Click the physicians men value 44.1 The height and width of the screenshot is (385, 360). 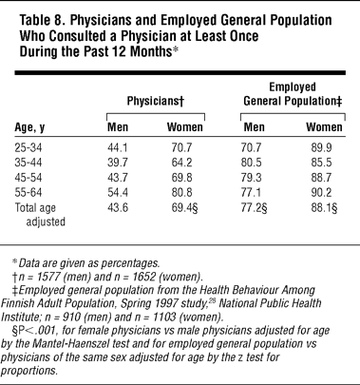tap(118, 148)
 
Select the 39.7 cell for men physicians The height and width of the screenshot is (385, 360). tap(118, 163)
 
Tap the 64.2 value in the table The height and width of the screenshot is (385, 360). tap(181, 163)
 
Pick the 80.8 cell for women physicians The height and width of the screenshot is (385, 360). tap(181, 193)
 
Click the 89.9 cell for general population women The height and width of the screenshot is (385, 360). tap(321, 148)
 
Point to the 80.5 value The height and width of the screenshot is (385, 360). tap(251, 163)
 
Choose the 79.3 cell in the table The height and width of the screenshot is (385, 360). tap(251, 178)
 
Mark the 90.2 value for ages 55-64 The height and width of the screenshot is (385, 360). tap(321, 193)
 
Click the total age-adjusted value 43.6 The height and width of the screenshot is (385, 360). tap(118, 207)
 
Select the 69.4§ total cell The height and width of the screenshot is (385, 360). tap(185, 208)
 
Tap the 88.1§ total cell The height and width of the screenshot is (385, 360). tap(324, 208)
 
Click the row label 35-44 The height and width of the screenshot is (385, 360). tap(28, 163)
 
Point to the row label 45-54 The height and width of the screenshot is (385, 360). tap(28, 178)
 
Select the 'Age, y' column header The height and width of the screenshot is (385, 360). tap(29, 127)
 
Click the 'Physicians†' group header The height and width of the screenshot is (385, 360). tap(156, 102)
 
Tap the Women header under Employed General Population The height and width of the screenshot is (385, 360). tap(324, 127)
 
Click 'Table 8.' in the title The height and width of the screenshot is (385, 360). tap(43, 21)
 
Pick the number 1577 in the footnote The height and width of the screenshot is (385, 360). tap(48, 277)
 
